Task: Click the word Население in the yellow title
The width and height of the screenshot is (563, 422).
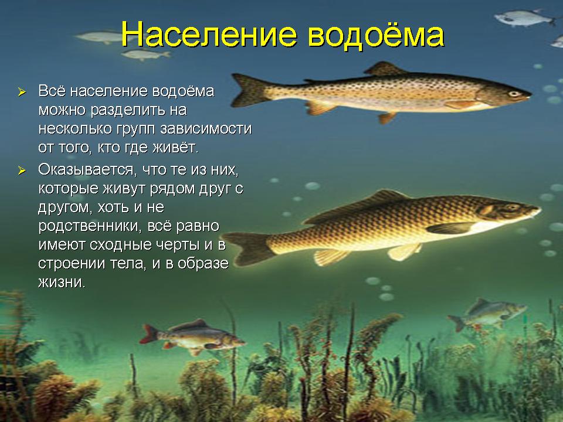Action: [x=209, y=34]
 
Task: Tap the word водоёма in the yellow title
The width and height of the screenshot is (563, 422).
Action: [x=376, y=34]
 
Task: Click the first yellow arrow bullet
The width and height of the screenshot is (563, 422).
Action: [x=22, y=92]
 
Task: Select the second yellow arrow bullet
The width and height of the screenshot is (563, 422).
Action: [x=22, y=171]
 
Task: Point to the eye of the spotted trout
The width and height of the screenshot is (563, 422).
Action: [x=514, y=94]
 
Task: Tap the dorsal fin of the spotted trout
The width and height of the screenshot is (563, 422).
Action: [x=384, y=69]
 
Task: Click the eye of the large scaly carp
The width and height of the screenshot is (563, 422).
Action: [x=513, y=207]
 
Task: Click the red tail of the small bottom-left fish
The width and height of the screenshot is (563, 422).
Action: [x=148, y=333]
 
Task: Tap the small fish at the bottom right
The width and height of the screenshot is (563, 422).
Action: [x=487, y=314]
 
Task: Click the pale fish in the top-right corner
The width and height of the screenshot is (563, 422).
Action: [x=524, y=18]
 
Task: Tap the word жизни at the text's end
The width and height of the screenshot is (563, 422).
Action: [x=62, y=282]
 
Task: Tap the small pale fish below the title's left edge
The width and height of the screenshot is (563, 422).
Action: [x=145, y=55]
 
